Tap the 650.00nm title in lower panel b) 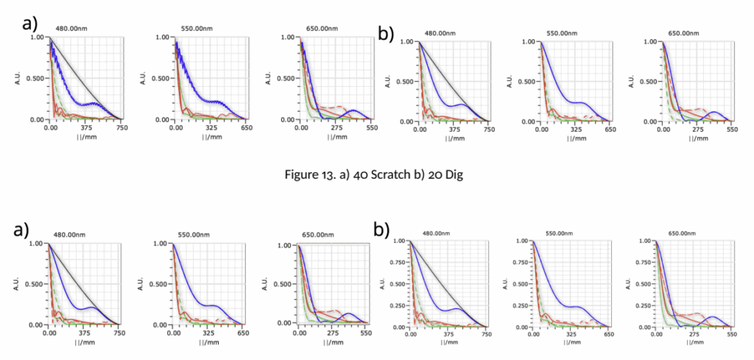[x=682, y=233]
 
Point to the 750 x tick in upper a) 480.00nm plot [x=120, y=127]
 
